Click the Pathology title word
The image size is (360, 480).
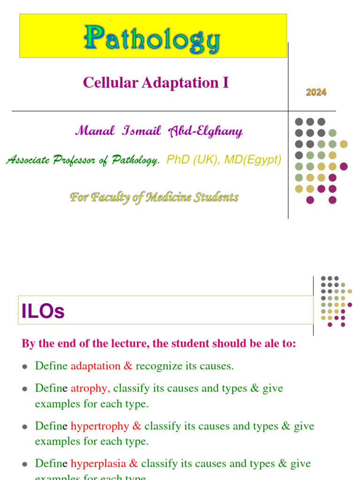click(152, 39)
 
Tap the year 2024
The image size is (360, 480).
click(316, 92)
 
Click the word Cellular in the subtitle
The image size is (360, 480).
click(104, 83)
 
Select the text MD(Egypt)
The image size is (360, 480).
click(253, 160)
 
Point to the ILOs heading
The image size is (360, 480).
click(43, 311)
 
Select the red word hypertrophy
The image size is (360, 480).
click(100, 426)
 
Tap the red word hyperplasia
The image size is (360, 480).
click(98, 464)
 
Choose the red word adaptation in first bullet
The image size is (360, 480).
click(95, 366)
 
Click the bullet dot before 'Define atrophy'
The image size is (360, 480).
click(25, 389)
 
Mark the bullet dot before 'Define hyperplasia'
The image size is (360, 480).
click(25, 464)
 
